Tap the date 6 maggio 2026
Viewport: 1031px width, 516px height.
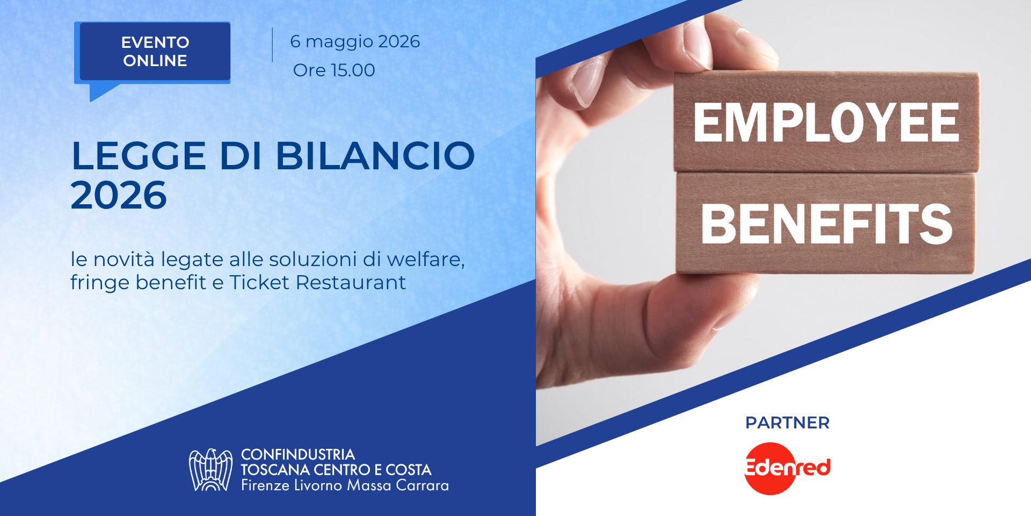(x=355, y=42)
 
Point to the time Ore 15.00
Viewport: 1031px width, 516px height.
(x=334, y=70)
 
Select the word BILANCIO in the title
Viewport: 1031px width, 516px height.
(x=375, y=156)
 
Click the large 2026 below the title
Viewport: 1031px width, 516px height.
(x=119, y=195)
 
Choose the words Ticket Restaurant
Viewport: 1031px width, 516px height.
(x=317, y=282)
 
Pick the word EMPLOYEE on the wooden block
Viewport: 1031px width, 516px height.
(x=826, y=123)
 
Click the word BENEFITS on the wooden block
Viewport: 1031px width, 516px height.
(x=827, y=224)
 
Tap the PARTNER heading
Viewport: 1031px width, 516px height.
(x=787, y=423)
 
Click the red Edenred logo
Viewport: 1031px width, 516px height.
(x=787, y=468)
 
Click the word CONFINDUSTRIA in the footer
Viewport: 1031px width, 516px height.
(x=298, y=455)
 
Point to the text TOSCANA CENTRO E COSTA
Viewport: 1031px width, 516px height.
(x=336, y=470)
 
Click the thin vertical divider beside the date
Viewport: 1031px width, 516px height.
(x=272, y=45)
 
